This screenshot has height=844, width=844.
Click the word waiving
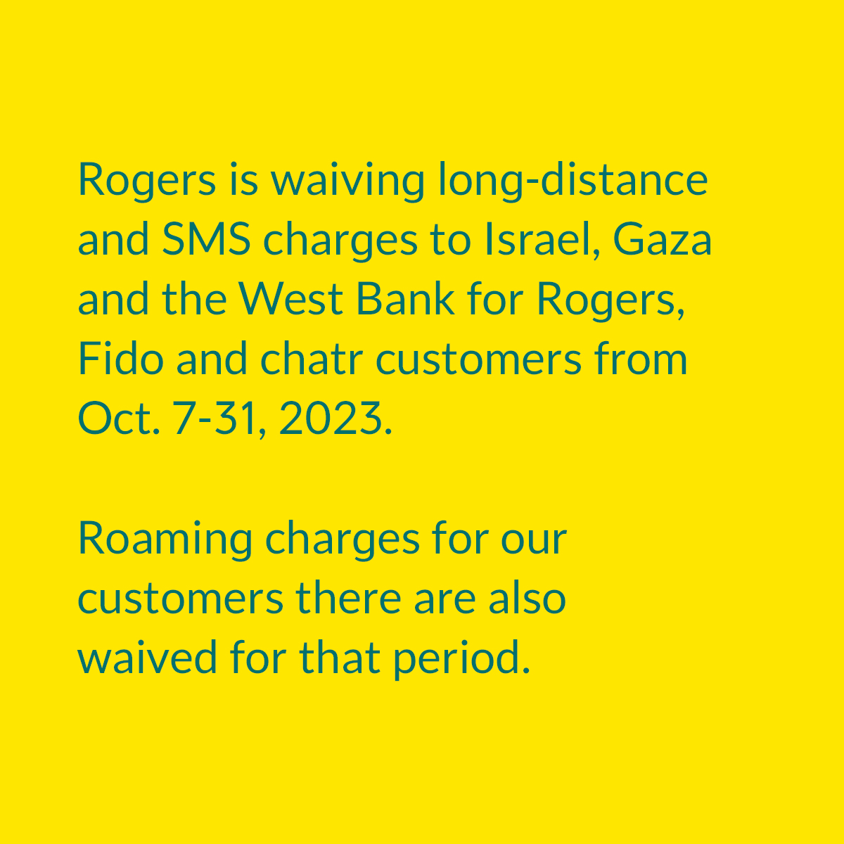click(347, 181)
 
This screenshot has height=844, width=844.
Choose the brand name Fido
click(120, 359)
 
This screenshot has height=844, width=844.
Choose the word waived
click(147, 659)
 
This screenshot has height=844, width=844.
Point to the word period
click(460, 659)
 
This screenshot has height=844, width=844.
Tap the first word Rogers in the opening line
click(146, 181)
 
